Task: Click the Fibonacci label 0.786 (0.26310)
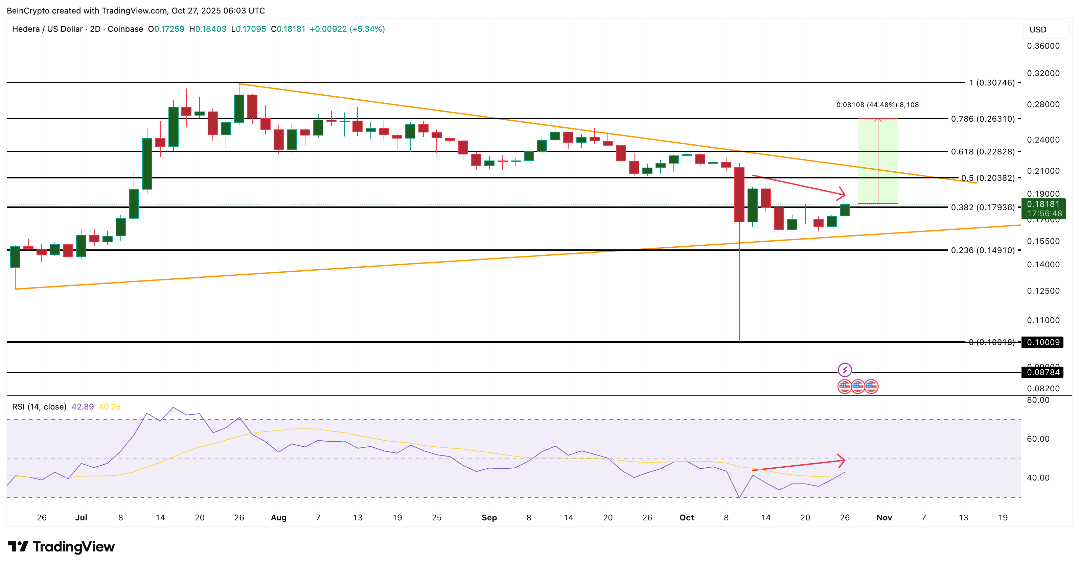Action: [x=983, y=119]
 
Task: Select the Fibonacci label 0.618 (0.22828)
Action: [x=983, y=151]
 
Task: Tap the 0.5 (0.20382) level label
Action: [x=988, y=178]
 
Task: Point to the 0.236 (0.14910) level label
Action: [x=983, y=250]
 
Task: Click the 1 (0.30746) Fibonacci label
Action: [x=991, y=83]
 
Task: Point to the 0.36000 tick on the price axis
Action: [x=1043, y=46]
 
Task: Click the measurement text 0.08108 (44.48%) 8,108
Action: [x=877, y=105]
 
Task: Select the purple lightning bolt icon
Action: [x=845, y=370]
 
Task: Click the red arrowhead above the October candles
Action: [x=841, y=193]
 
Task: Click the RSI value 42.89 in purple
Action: [x=83, y=407]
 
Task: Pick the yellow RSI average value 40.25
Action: [x=109, y=407]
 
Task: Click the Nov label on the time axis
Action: [x=884, y=518]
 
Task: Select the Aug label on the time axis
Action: [x=279, y=518]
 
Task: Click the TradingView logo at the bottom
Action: [x=61, y=546]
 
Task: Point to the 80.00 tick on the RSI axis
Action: [x=1038, y=400]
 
